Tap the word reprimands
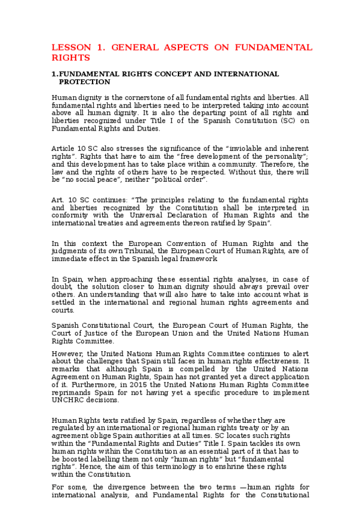(72, 393)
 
